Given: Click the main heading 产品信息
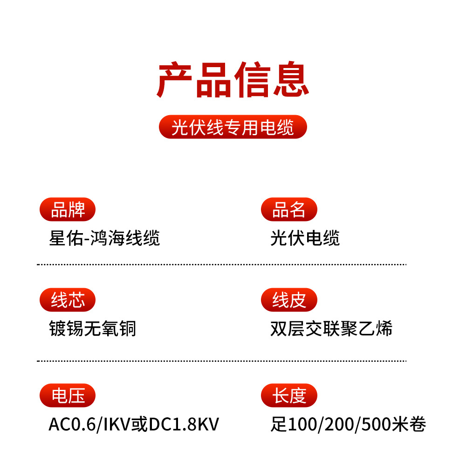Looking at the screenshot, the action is (x=233, y=80).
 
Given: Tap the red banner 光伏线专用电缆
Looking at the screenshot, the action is (x=233, y=127).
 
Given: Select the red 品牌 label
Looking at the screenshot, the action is (x=68, y=210).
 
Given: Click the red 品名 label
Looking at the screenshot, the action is (x=289, y=210).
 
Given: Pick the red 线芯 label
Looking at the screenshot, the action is (x=68, y=300).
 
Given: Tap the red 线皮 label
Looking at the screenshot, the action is (x=289, y=300).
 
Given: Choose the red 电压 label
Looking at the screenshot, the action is (x=68, y=396).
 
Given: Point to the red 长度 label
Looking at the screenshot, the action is (x=289, y=396).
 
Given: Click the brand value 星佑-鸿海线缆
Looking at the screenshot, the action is (x=104, y=238).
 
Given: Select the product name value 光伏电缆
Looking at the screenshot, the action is (x=305, y=238).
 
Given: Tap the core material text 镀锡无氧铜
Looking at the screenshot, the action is (x=92, y=329).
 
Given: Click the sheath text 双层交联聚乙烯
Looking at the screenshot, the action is (x=331, y=329).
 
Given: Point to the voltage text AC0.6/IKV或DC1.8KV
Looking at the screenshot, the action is (x=134, y=425).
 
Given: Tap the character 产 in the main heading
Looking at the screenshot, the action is (x=175, y=80).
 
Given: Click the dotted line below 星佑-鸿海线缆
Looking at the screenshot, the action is (x=221, y=264).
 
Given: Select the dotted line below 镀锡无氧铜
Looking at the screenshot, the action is (x=221, y=360).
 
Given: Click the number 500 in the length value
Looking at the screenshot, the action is (x=376, y=425).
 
